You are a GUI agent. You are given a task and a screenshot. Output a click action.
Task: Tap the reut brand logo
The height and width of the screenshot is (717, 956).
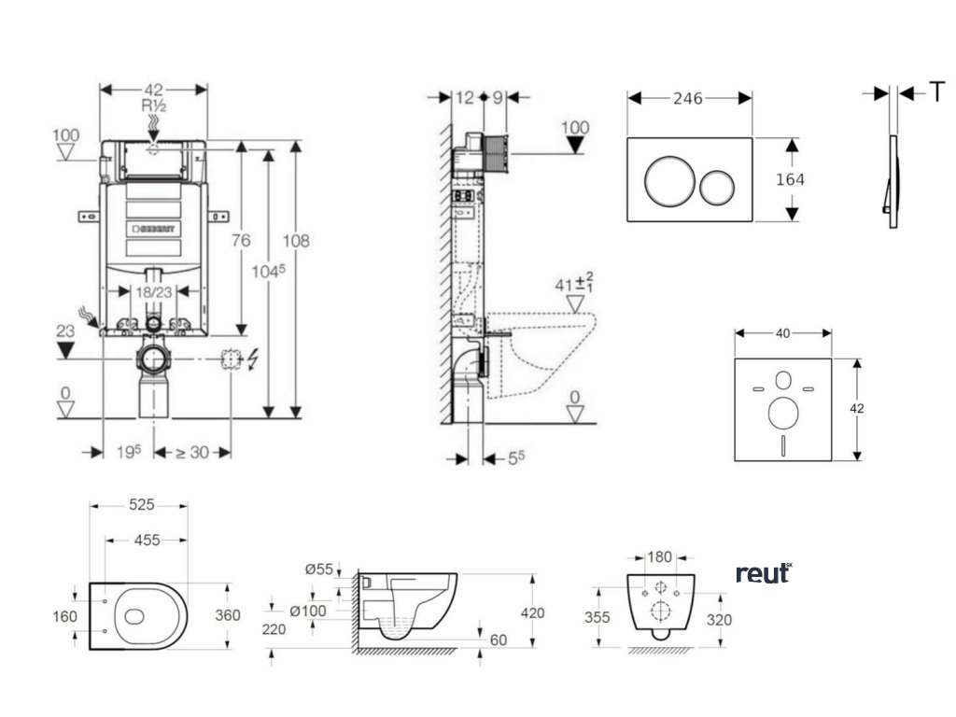(x=763, y=572)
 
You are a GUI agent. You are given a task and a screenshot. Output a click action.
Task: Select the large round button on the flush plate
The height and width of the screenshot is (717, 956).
(x=668, y=181)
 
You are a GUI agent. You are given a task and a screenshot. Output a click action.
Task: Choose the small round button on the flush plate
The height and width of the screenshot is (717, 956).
(x=718, y=188)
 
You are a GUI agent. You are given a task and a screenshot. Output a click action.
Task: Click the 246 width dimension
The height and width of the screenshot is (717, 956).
(x=689, y=98)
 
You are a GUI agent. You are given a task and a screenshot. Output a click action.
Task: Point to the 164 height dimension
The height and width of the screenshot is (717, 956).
(x=790, y=179)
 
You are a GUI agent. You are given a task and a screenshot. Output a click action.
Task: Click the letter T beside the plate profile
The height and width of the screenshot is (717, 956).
(x=936, y=91)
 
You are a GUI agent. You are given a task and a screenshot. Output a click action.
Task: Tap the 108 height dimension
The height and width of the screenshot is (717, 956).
(x=297, y=241)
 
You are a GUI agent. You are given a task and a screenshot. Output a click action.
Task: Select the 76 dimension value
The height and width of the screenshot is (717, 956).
(x=241, y=241)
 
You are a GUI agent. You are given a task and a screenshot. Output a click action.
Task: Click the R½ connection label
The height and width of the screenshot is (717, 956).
(x=153, y=105)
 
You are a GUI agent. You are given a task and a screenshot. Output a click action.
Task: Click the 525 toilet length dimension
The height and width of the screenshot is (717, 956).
(x=141, y=505)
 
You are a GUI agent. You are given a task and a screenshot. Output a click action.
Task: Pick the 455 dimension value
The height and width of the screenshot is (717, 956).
(x=146, y=540)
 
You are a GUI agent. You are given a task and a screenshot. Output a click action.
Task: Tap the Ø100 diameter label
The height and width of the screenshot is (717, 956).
(x=307, y=611)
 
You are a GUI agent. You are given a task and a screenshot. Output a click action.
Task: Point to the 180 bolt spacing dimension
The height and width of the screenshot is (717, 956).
(x=659, y=558)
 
